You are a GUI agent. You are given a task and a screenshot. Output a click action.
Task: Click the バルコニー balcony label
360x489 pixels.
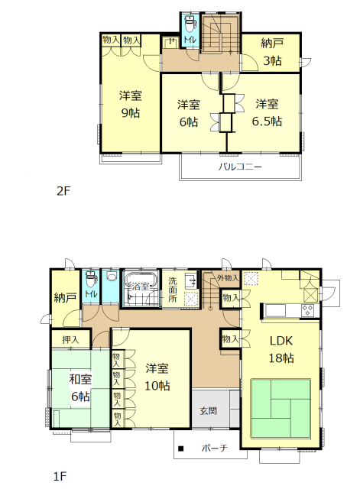pyautogui.click(x=240, y=167)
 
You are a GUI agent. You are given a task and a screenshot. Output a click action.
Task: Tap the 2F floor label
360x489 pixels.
pyautogui.click(x=64, y=191)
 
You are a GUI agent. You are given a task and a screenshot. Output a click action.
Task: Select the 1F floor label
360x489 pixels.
pyautogui.click(x=60, y=476)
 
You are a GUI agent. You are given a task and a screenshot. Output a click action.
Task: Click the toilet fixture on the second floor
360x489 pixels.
pyautogui.click(x=190, y=24)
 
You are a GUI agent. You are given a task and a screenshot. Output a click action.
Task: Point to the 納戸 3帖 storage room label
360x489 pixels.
pyautogui.click(x=272, y=52)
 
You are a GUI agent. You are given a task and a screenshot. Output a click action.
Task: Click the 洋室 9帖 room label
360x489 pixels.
pyautogui.click(x=131, y=104)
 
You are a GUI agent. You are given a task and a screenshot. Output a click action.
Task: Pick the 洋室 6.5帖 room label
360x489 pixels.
pyautogui.click(x=267, y=112)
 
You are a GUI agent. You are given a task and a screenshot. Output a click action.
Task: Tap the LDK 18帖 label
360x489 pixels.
pyautogui.click(x=281, y=349)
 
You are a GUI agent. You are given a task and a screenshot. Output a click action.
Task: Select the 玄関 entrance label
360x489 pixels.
pyautogui.click(x=208, y=411)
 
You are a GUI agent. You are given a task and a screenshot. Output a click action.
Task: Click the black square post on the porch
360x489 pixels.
pyautogui.click(x=180, y=449)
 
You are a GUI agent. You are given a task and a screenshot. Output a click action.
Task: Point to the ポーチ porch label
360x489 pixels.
pyautogui.click(x=215, y=449)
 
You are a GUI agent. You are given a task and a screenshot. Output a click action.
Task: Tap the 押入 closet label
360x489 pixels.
pyautogui.click(x=71, y=339)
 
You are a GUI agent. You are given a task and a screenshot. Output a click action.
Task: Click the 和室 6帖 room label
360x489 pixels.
pyautogui.click(x=80, y=388)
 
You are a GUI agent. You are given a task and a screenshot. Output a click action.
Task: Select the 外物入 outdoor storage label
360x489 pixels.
pyautogui.click(x=228, y=278)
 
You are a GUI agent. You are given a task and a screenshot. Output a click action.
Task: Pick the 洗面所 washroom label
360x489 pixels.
pyautogui.click(x=173, y=290)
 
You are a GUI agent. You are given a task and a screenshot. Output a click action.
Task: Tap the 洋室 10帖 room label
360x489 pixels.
pyautogui.click(x=157, y=377)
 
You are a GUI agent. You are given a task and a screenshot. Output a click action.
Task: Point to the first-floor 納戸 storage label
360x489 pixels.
pyautogui.click(x=65, y=298)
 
